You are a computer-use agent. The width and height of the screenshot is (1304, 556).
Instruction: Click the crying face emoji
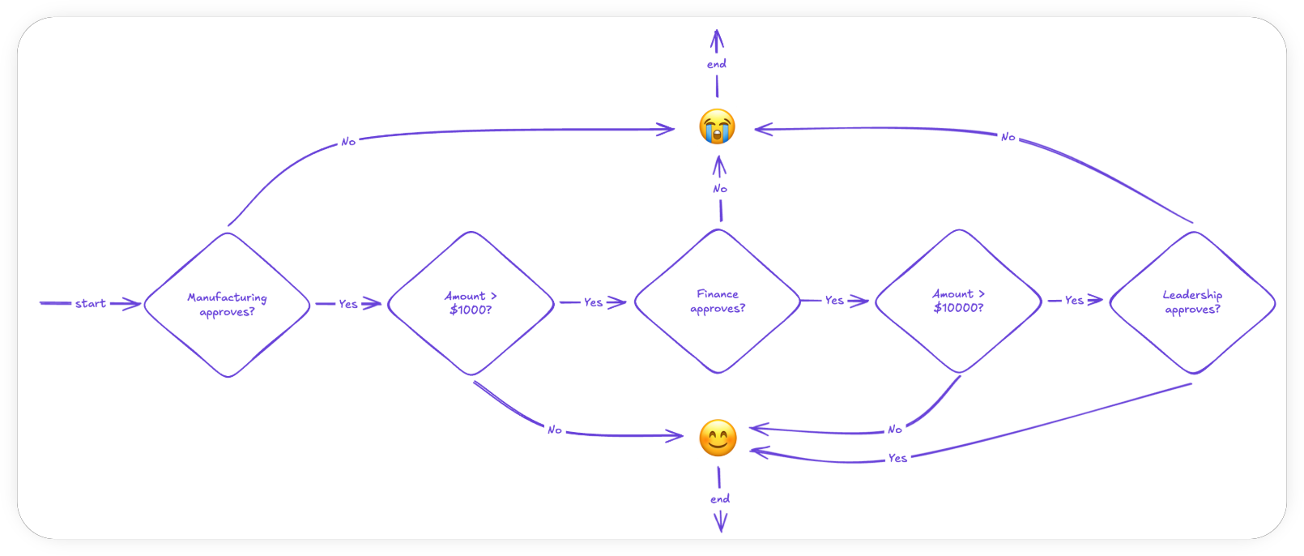(x=717, y=126)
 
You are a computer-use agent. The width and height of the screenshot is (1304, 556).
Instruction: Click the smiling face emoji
(x=718, y=438)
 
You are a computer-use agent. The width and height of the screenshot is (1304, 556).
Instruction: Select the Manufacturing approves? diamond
(x=228, y=305)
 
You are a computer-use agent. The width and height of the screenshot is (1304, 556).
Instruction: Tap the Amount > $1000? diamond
(x=471, y=303)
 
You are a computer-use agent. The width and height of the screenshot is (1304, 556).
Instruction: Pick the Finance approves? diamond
(x=718, y=302)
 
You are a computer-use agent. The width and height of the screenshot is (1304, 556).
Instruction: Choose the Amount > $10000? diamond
(x=958, y=301)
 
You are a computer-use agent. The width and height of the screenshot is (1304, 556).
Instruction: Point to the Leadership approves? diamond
(x=1192, y=302)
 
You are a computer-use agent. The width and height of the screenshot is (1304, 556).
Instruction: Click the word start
(x=91, y=304)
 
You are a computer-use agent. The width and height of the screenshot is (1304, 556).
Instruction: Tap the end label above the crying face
(x=717, y=64)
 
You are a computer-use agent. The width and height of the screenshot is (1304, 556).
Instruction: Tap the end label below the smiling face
(x=720, y=499)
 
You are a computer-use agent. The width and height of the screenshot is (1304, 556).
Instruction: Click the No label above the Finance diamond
(x=720, y=189)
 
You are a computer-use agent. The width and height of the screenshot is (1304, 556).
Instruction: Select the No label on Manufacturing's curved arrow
(x=348, y=142)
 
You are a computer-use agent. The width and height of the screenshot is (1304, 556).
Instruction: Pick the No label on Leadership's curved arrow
(x=1008, y=137)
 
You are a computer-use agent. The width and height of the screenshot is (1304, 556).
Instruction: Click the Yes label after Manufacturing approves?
(x=348, y=304)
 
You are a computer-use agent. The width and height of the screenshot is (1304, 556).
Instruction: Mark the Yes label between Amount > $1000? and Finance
(x=593, y=302)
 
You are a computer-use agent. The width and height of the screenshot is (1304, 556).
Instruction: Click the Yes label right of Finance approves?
(x=834, y=300)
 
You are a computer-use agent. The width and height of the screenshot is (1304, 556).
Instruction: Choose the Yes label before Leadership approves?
(x=1074, y=300)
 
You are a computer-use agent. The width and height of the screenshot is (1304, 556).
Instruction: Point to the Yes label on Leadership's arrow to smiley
(x=897, y=458)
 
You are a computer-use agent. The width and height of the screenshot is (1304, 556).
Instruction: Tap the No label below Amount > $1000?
(x=555, y=430)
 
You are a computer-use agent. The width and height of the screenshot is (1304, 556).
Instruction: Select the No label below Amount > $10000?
(x=895, y=430)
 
